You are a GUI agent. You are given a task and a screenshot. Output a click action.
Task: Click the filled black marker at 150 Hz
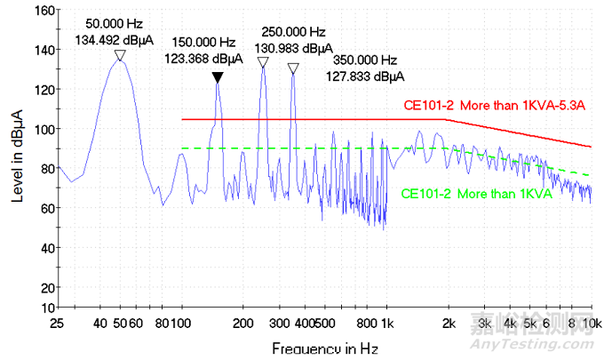coord(218,79)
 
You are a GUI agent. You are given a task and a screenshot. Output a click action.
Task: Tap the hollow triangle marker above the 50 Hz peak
coord(120,56)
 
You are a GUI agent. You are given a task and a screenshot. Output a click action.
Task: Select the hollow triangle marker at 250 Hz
coord(262,62)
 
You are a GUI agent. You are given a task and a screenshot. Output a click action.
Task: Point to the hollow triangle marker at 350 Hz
coord(293,68)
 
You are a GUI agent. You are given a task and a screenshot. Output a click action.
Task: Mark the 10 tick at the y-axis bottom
coord(39,307)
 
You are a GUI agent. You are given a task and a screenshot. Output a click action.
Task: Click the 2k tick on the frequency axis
coord(449,322)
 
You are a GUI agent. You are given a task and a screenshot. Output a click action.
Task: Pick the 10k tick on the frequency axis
coord(592,322)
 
